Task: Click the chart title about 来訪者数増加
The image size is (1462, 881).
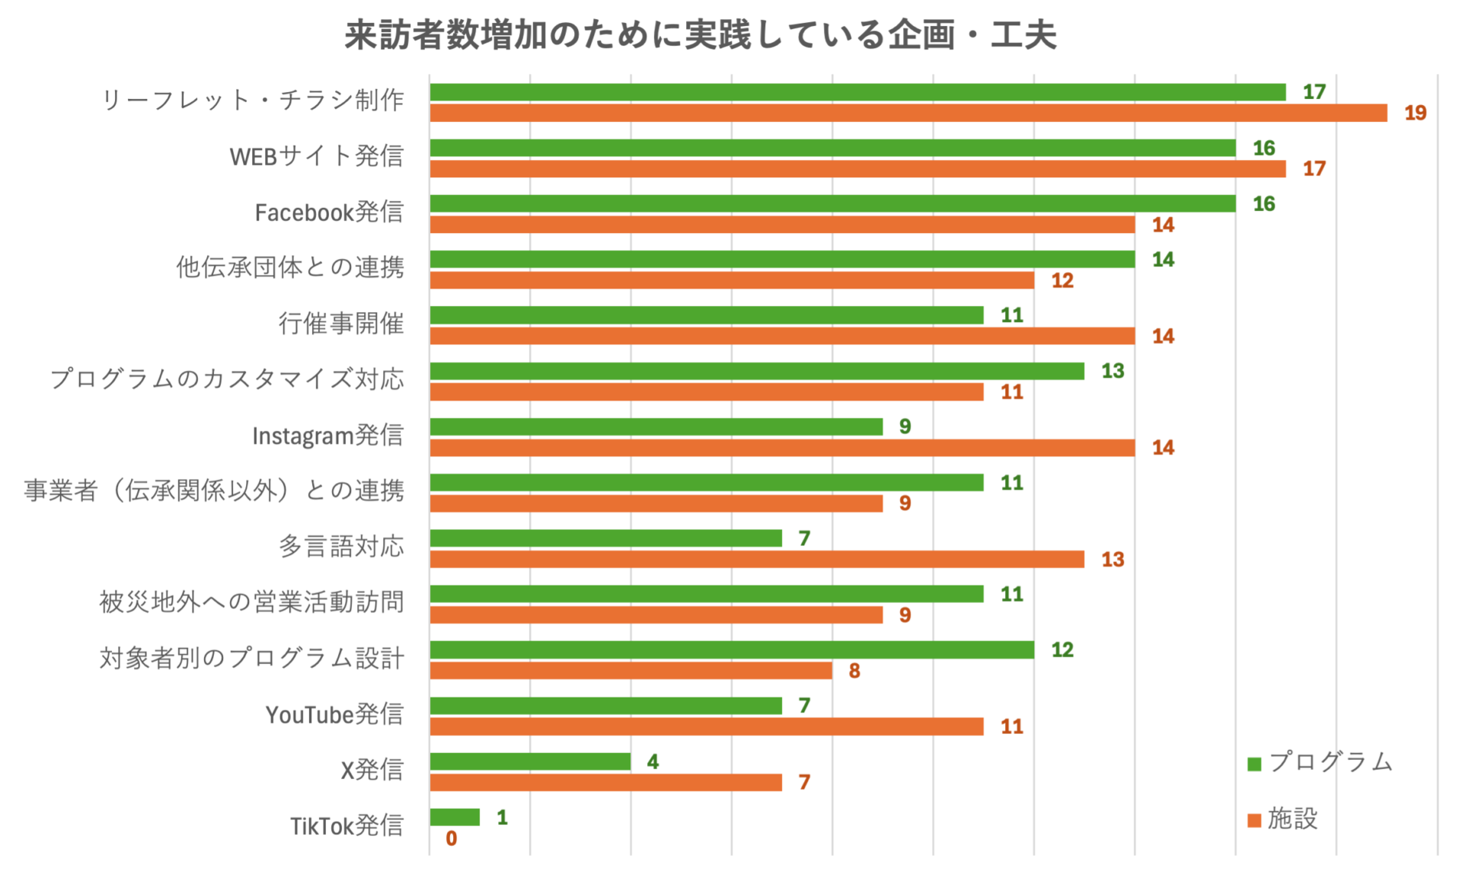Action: point(700,35)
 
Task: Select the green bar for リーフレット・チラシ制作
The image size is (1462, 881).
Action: point(857,92)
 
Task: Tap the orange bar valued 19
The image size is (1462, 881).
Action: point(908,113)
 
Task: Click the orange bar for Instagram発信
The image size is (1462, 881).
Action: point(782,448)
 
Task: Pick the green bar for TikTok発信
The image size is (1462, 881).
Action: point(455,817)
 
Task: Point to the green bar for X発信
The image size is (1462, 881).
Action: point(530,761)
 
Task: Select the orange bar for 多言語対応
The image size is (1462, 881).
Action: point(757,560)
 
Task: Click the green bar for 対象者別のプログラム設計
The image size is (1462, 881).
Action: point(732,650)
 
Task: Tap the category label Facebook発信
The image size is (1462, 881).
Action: point(329,212)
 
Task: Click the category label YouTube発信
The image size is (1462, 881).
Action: point(334,714)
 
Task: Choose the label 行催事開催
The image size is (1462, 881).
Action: point(341,324)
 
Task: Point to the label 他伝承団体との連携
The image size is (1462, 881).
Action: point(290,267)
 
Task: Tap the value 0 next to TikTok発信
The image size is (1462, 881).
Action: point(452,838)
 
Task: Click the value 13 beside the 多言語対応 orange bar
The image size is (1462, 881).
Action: point(1112,560)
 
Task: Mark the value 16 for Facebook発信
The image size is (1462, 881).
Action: point(1264,204)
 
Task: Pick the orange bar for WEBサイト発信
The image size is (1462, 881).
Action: point(857,169)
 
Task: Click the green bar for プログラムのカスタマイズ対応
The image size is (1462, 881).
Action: point(757,371)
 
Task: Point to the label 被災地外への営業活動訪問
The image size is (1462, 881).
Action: point(251,602)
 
